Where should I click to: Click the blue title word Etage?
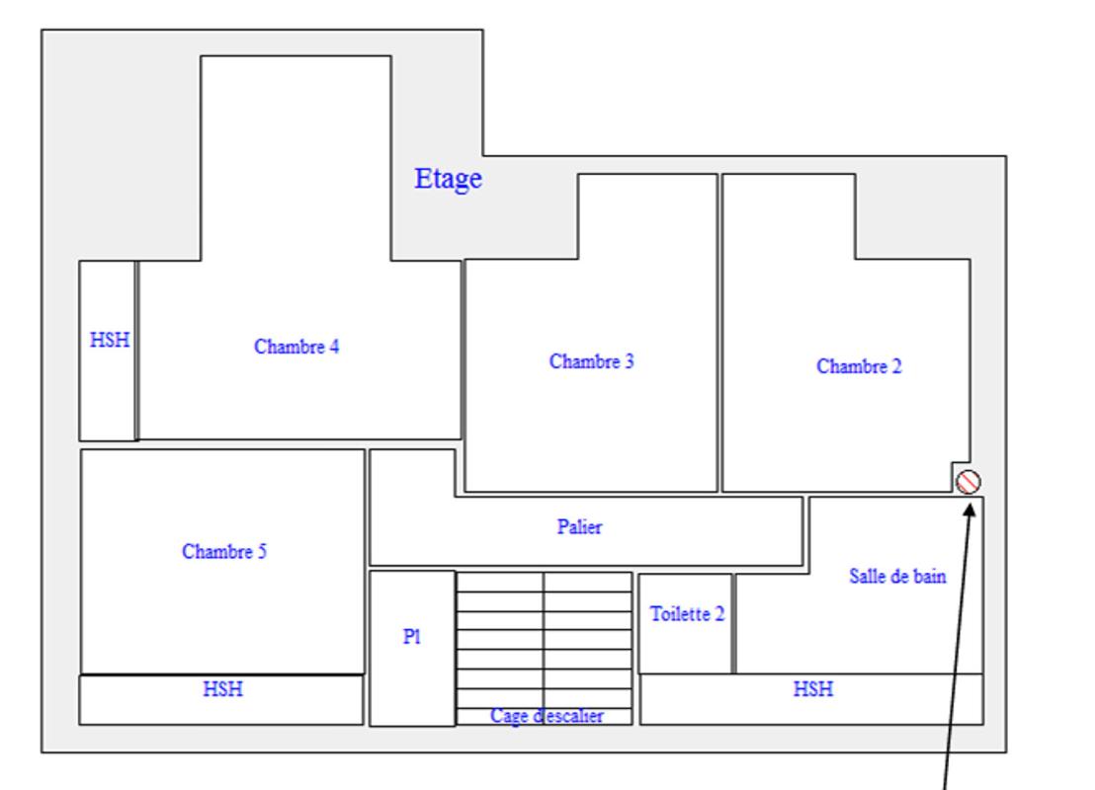(448, 179)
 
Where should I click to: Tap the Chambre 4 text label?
(296, 347)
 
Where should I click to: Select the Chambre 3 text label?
(592, 361)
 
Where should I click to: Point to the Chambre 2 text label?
(859, 366)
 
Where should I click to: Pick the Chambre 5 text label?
(224, 552)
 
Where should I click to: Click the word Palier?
(579, 527)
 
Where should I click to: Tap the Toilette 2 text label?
(687, 614)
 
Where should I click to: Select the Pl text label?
(412, 638)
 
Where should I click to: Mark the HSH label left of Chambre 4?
(109, 340)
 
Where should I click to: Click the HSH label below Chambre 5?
(223, 689)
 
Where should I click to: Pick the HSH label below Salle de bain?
(813, 689)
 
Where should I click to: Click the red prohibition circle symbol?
(969, 481)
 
